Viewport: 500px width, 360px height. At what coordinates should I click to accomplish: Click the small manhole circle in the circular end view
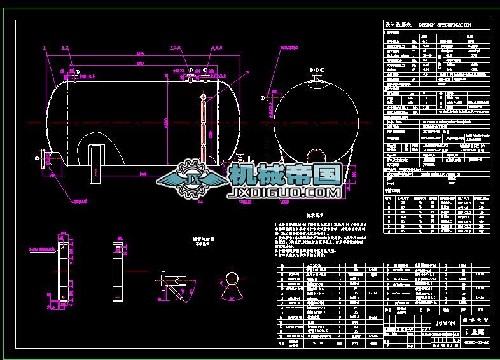point(316,155)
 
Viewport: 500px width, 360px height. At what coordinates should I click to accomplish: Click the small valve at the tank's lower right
point(240,158)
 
